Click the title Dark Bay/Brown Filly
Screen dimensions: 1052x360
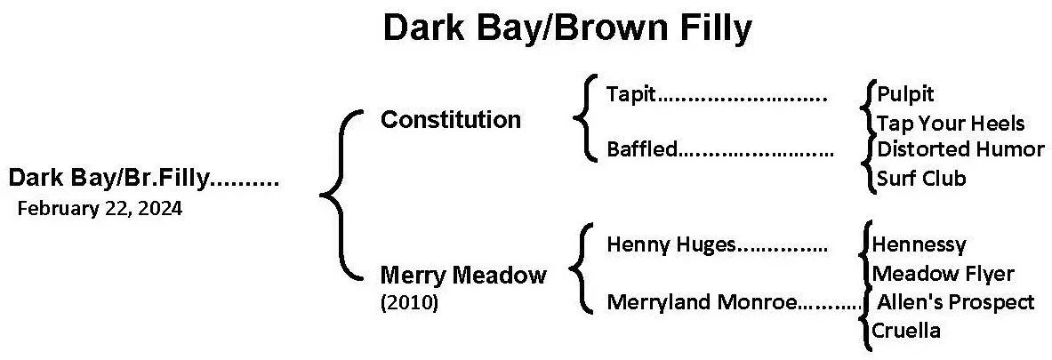coord(566,28)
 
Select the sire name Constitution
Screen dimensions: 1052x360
coord(450,120)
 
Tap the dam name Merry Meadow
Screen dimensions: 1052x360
coord(462,276)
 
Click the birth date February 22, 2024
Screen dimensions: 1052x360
coord(99,210)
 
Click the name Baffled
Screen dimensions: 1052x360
coord(641,149)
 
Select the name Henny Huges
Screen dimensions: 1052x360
coord(671,244)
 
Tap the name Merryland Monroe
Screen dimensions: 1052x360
coord(702,302)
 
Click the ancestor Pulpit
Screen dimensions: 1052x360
coord(905,93)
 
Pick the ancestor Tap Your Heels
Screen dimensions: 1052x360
coord(950,123)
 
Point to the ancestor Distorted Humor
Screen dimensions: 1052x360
coord(960,148)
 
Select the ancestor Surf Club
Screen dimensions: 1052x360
coord(920,179)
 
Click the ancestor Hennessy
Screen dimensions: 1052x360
coord(919,244)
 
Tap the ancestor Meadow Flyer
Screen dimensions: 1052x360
coord(943,274)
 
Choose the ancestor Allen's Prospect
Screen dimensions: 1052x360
coord(955,302)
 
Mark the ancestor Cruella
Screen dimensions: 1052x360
coord(905,332)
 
